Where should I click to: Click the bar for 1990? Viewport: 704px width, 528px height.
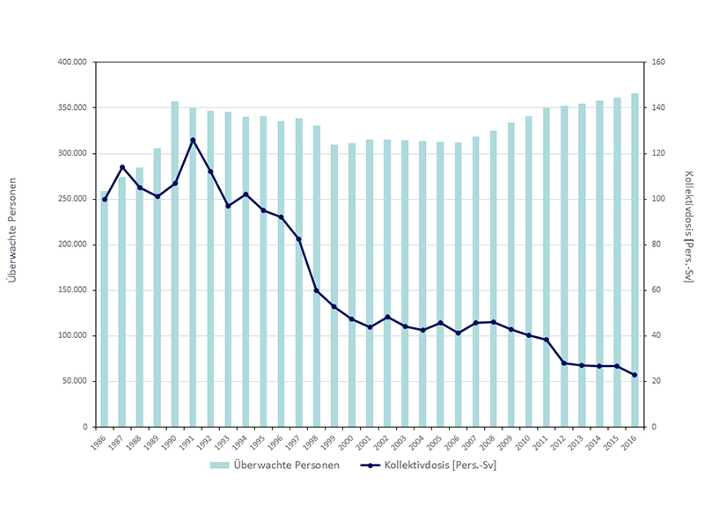click(175, 264)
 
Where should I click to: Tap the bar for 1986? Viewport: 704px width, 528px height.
click(104, 309)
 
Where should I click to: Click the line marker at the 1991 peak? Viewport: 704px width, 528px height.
click(193, 140)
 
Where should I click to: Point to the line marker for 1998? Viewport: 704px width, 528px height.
click(317, 290)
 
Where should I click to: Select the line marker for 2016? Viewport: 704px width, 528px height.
click(634, 375)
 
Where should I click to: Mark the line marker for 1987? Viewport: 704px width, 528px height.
click(122, 167)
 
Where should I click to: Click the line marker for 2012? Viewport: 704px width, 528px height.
click(564, 363)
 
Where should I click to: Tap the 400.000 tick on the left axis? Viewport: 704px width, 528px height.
click(70, 62)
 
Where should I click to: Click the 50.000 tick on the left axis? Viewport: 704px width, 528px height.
click(72, 381)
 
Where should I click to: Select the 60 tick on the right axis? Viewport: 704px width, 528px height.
click(658, 290)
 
